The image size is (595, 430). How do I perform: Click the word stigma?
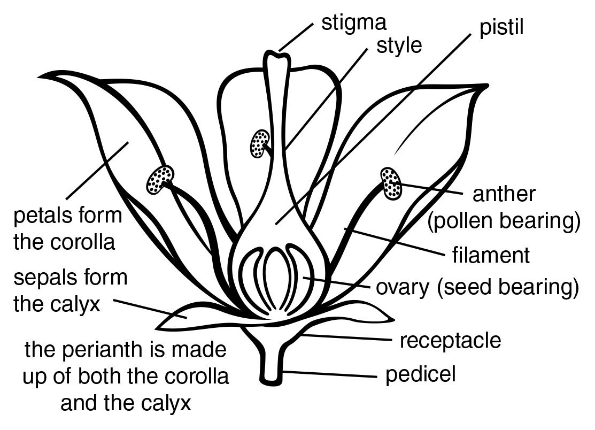[x=353, y=23]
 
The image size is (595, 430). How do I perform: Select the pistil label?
[x=501, y=28]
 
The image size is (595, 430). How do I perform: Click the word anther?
[x=504, y=194]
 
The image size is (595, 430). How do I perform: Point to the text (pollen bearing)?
[x=504, y=220]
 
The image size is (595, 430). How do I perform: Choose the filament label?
[x=491, y=255]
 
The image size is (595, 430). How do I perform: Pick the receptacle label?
[x=450, y=340]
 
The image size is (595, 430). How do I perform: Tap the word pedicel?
[x=421, y=374]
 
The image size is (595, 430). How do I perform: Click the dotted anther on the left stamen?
[x=160, y=179]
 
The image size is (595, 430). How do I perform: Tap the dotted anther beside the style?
[x=259, y=143]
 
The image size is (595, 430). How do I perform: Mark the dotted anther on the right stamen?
[x=391, y=183]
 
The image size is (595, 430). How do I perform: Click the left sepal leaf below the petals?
[x=187, y=318]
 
